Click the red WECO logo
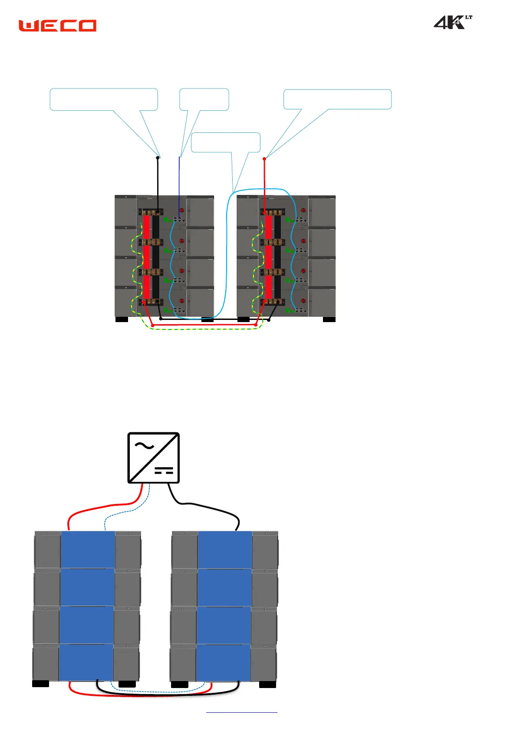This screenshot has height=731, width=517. [57, 26]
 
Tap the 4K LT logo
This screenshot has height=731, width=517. [452, 22]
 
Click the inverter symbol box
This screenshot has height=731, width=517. [154, 458]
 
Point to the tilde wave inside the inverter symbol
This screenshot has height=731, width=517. [144, 446]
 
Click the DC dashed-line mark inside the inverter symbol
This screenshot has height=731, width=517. [164, 471]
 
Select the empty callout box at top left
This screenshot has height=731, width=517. [104, 99]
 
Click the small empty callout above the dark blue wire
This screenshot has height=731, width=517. [204, 99]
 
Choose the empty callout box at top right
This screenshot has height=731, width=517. [337, 99]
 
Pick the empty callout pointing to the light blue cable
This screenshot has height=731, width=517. [225, 142]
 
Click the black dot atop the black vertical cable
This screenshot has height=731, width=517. [158, 158]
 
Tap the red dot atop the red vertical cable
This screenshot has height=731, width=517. [264, 159]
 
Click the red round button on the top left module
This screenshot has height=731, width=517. [182, 211]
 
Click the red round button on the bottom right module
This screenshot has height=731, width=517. [303, 301]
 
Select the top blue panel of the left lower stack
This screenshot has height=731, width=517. [88, 549]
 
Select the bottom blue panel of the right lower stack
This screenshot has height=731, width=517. [224, 662]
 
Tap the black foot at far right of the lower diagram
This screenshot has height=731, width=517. [267, 685]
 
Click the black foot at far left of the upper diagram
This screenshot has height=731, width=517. [122, 319]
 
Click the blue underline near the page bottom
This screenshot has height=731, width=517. [241, 712]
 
